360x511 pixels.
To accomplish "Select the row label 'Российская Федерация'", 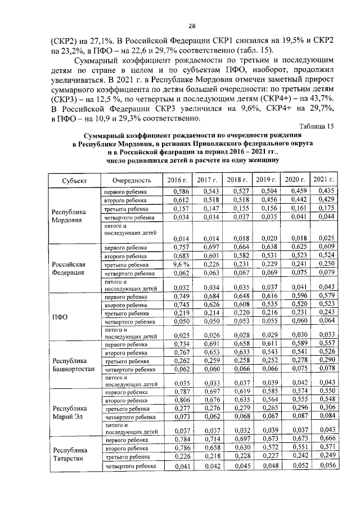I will [69, 268].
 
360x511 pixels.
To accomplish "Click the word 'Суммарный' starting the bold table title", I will [107, 136].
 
